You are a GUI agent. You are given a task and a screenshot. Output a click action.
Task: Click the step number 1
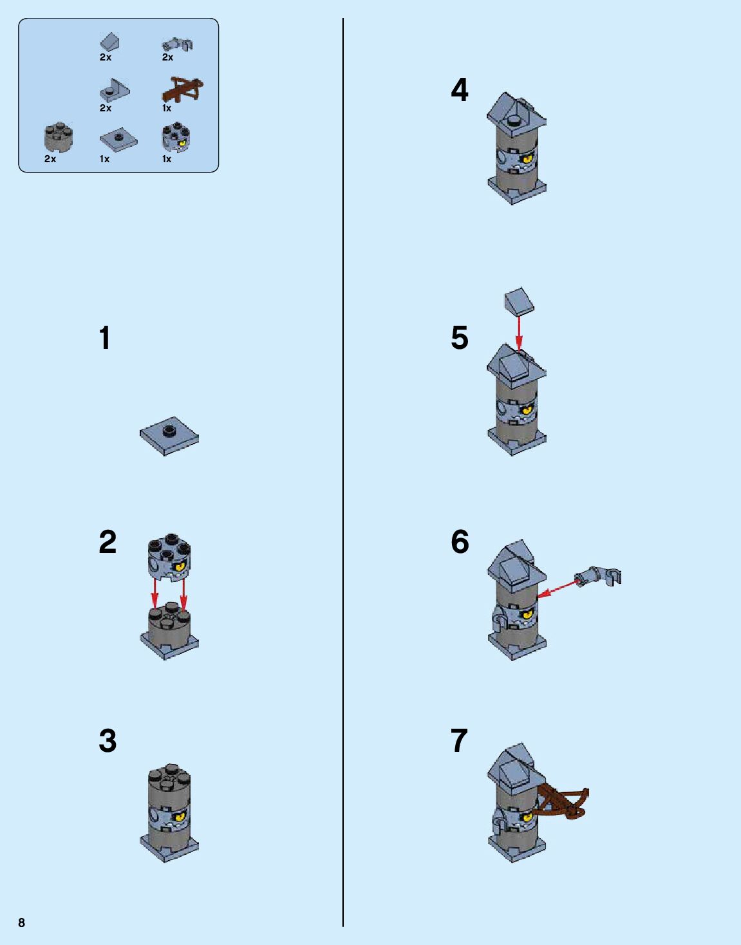[105, 338]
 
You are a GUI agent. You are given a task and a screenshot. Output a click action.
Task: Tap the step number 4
[460, 90]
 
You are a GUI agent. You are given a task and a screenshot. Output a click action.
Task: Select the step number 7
[459, 740]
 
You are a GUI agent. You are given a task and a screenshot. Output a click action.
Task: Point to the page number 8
[22, 922]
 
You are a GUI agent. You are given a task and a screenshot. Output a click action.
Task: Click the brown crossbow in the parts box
[182, 89]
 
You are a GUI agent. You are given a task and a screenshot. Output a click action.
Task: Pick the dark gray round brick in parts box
[59, 136]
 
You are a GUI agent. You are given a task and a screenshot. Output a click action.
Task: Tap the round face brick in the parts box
[175, 138]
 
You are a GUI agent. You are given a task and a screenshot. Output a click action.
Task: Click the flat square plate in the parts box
[118, 138]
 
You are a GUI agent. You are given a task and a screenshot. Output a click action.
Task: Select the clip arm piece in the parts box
[177, 44]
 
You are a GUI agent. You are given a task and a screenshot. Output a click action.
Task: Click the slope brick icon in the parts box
[109, 42]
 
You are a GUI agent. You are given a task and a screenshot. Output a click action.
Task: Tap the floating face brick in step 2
[169, 555]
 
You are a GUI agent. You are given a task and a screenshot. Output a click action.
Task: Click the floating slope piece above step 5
[520, 301]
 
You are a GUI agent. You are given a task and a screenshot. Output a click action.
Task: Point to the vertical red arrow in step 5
[519, 332]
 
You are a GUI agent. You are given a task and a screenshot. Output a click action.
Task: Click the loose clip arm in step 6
[599, 575]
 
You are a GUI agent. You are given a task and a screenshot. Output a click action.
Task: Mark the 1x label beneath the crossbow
[167, 108]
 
